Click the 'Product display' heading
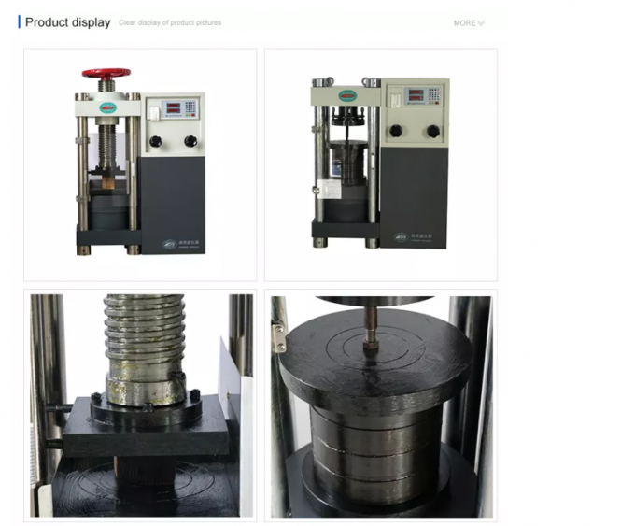click(x=67, y=22)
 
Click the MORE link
click(x=467, y=23)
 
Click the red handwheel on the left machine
click(x=106, y=73)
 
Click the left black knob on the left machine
click(x=156, y=141)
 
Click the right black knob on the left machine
click(x=190, y=141)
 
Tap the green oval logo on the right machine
click(x=348, y=95)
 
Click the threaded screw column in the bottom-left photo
click(x=145, y=346)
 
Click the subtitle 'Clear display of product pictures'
click(x=170, y=23)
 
